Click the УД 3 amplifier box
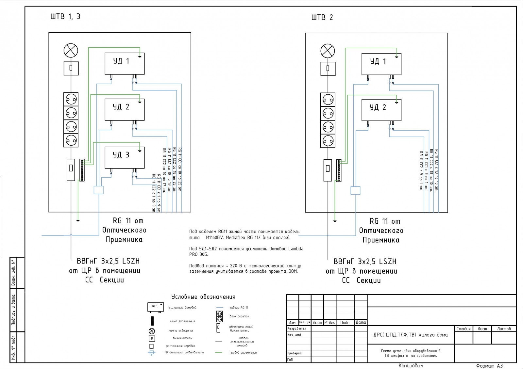(x=125, y=157)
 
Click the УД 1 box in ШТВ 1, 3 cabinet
(x=125, y=63)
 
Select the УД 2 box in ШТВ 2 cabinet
(x=381, y=110)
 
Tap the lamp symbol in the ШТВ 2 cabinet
(x=328, y=51)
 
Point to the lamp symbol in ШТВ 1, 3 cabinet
(x=71, y=51)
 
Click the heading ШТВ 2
(x=322, y=18)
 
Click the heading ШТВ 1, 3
(x=65, y=17)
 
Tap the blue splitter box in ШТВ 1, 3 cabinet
(x=98, y=190)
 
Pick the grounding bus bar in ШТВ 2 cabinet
(x=339, y=170)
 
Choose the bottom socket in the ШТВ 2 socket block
(x=328, y=141)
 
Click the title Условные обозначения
(x=203, y=297)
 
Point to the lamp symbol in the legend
(x=152, y=331)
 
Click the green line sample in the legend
(x=219, y=352)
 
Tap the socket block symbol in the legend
(x=220, y=316)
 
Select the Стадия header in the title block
(x=464, y=329)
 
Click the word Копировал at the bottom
(x=411, y=366)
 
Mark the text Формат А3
(x=489, y=366)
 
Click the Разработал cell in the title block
(x=297, y=329)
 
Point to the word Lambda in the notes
(x=295, y=249)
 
